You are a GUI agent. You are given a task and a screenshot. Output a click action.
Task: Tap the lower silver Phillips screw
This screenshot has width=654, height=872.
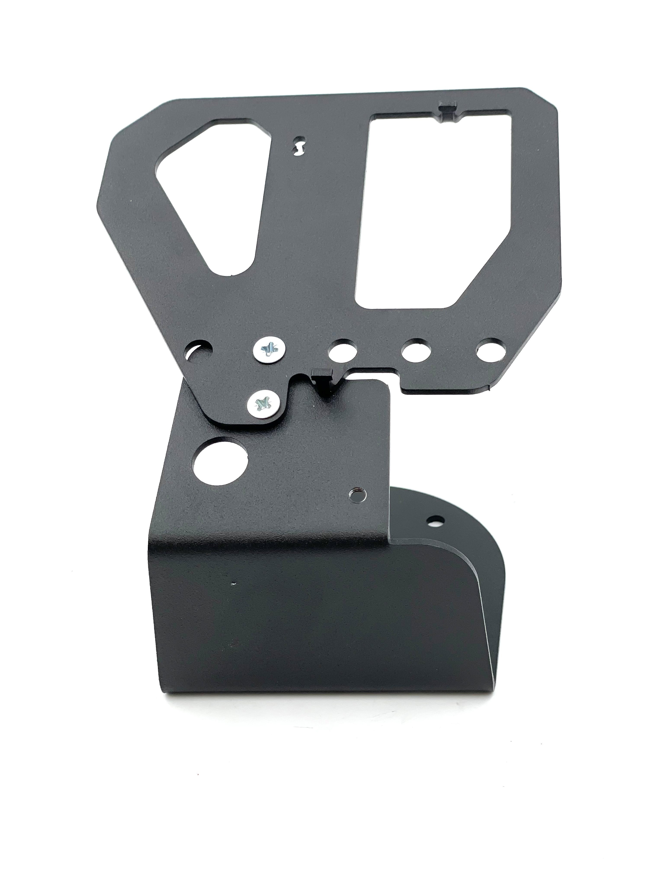pos(263,404)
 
